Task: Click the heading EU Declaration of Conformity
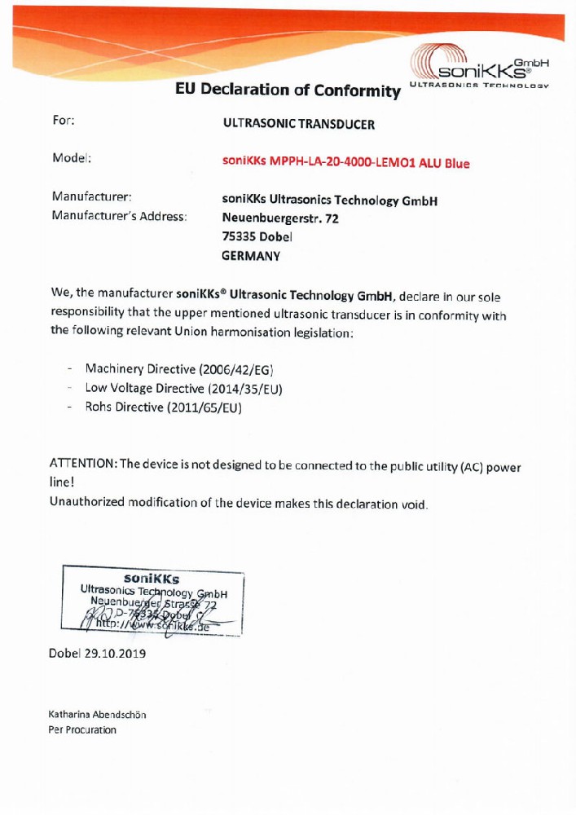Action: click(288, 90)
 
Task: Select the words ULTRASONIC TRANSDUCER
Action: click(298, 125)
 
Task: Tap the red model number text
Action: click(345, 163)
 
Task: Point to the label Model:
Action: click(72, 158)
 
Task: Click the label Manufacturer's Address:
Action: click(119, 216)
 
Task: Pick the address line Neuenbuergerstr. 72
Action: click(280, 218)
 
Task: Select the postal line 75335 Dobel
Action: click(257, 237)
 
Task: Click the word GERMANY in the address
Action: click(251, 256)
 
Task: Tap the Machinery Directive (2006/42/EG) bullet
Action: click(173, 368)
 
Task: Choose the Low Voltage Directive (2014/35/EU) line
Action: click(183, 388)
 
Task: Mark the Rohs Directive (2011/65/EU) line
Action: click(164, 407)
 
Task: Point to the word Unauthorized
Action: click(87, 502)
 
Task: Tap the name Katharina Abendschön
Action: click(97, 715)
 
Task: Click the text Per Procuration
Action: click(82, 730)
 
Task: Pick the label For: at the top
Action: click(64, 120)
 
